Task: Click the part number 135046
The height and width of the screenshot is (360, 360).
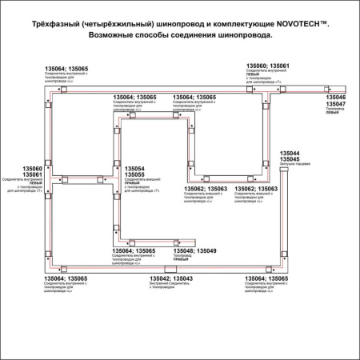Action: (x=336, y=98)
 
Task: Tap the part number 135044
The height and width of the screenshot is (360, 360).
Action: (x=290, y=153)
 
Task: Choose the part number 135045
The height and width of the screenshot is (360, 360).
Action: (x=290, y=159)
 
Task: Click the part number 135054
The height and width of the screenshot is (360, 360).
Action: (x=134, y=169)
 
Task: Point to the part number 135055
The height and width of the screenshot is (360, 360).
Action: (x=134, y=175)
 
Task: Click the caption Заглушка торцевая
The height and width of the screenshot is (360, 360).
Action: (x=293, y=165)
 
